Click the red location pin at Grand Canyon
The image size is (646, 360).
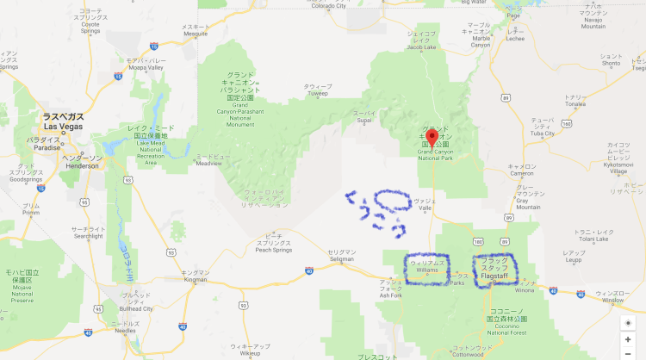pyautogui.click(x=432, y=139)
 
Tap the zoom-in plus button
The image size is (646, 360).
pyautogui.click(x=628, y=339)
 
